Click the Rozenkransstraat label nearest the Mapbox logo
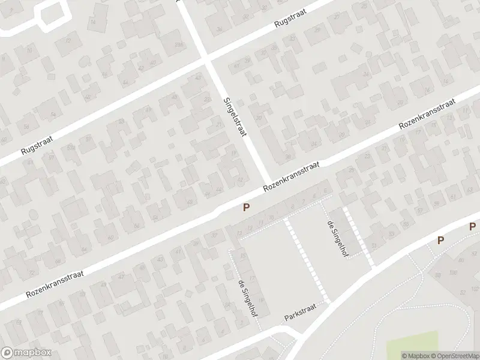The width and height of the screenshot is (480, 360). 55,284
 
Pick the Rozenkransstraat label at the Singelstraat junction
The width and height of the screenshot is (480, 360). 292,177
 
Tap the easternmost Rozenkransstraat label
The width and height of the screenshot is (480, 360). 428,116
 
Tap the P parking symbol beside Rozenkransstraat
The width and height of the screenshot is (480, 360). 245,208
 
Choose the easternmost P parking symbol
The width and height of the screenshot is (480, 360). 472,227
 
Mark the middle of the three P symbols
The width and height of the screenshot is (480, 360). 440,240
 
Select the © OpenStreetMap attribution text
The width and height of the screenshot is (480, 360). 454,355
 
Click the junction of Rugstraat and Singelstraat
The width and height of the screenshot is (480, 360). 208,60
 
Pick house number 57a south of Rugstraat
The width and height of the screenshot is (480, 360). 71,147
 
